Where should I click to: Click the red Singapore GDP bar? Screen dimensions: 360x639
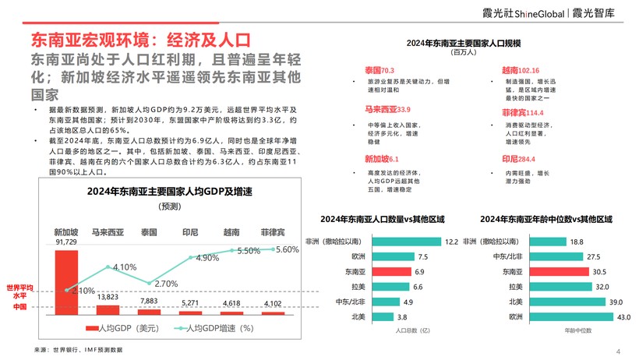coord(65,281)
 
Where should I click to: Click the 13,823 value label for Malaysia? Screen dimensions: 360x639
coord(108,297)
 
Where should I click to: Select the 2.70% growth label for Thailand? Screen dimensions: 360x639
coord(167,284)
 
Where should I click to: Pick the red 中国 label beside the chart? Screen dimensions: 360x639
coord(20,308)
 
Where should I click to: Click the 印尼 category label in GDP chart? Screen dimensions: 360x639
coord(190,232)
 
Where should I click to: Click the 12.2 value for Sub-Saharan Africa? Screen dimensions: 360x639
coord(450,242)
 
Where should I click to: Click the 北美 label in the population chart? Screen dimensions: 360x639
coord(358,316)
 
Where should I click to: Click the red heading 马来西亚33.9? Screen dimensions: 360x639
coord(387,109)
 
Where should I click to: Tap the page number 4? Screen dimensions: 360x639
coord(618,351)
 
